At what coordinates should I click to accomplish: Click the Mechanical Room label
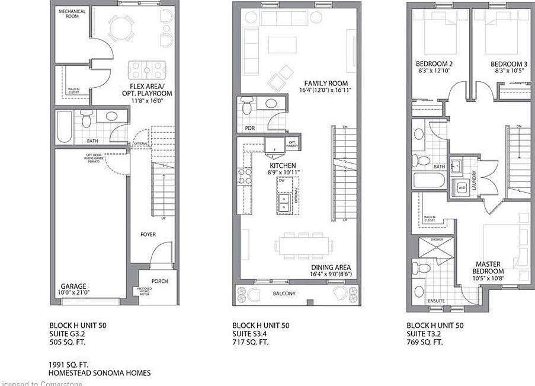point(72,14)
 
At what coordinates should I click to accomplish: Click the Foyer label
point(148,234)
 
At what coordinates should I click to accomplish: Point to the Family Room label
point(326,83)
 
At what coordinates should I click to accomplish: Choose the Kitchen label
point(283,165)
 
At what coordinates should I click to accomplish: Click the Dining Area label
point(331,267)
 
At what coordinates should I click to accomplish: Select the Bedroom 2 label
point(434,64)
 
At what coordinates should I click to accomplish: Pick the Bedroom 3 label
point(508,64)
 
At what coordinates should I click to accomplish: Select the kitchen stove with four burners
point(243,176)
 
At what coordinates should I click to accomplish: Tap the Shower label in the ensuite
point(437,240)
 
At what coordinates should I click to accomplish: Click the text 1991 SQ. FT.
point(69,364)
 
